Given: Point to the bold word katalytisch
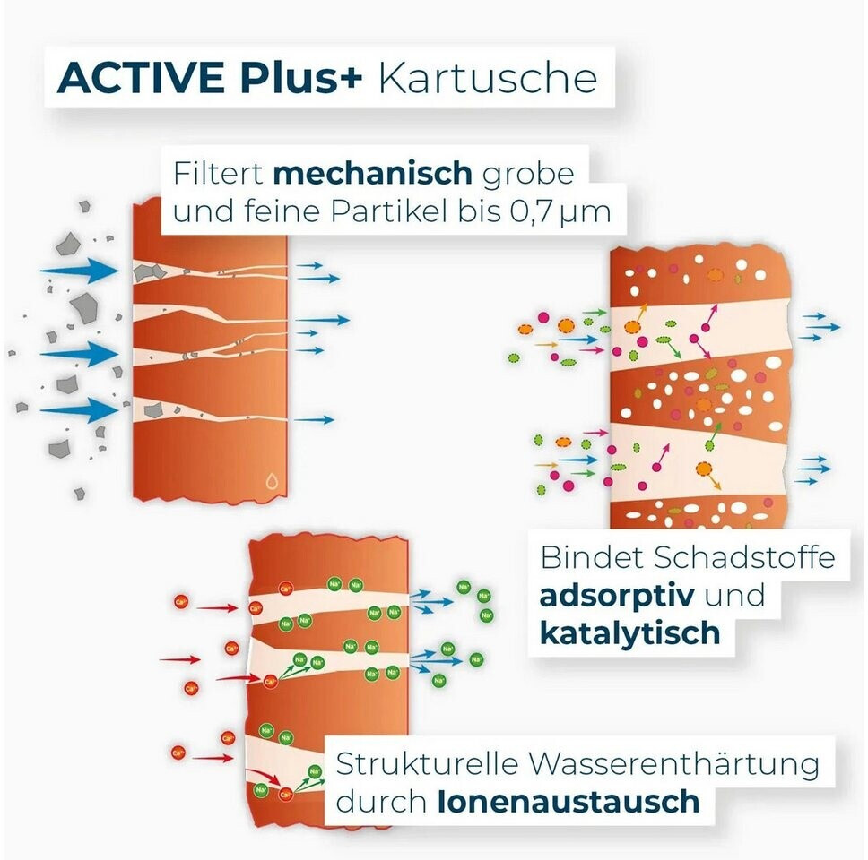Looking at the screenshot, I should [629, 632].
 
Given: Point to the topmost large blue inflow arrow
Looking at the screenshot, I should [81, 270].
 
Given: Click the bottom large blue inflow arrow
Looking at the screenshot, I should [81, 411].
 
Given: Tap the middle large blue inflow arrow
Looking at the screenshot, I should [81, 353].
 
